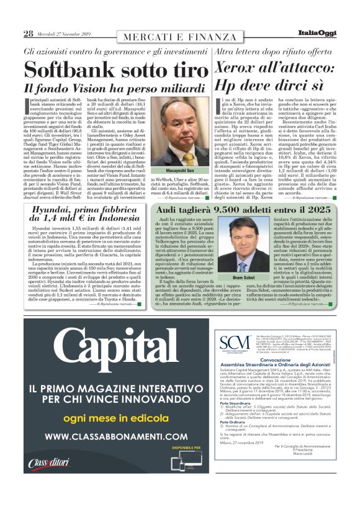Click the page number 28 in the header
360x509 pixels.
coord(28,33)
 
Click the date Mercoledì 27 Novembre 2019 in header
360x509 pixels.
coord(65,34)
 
